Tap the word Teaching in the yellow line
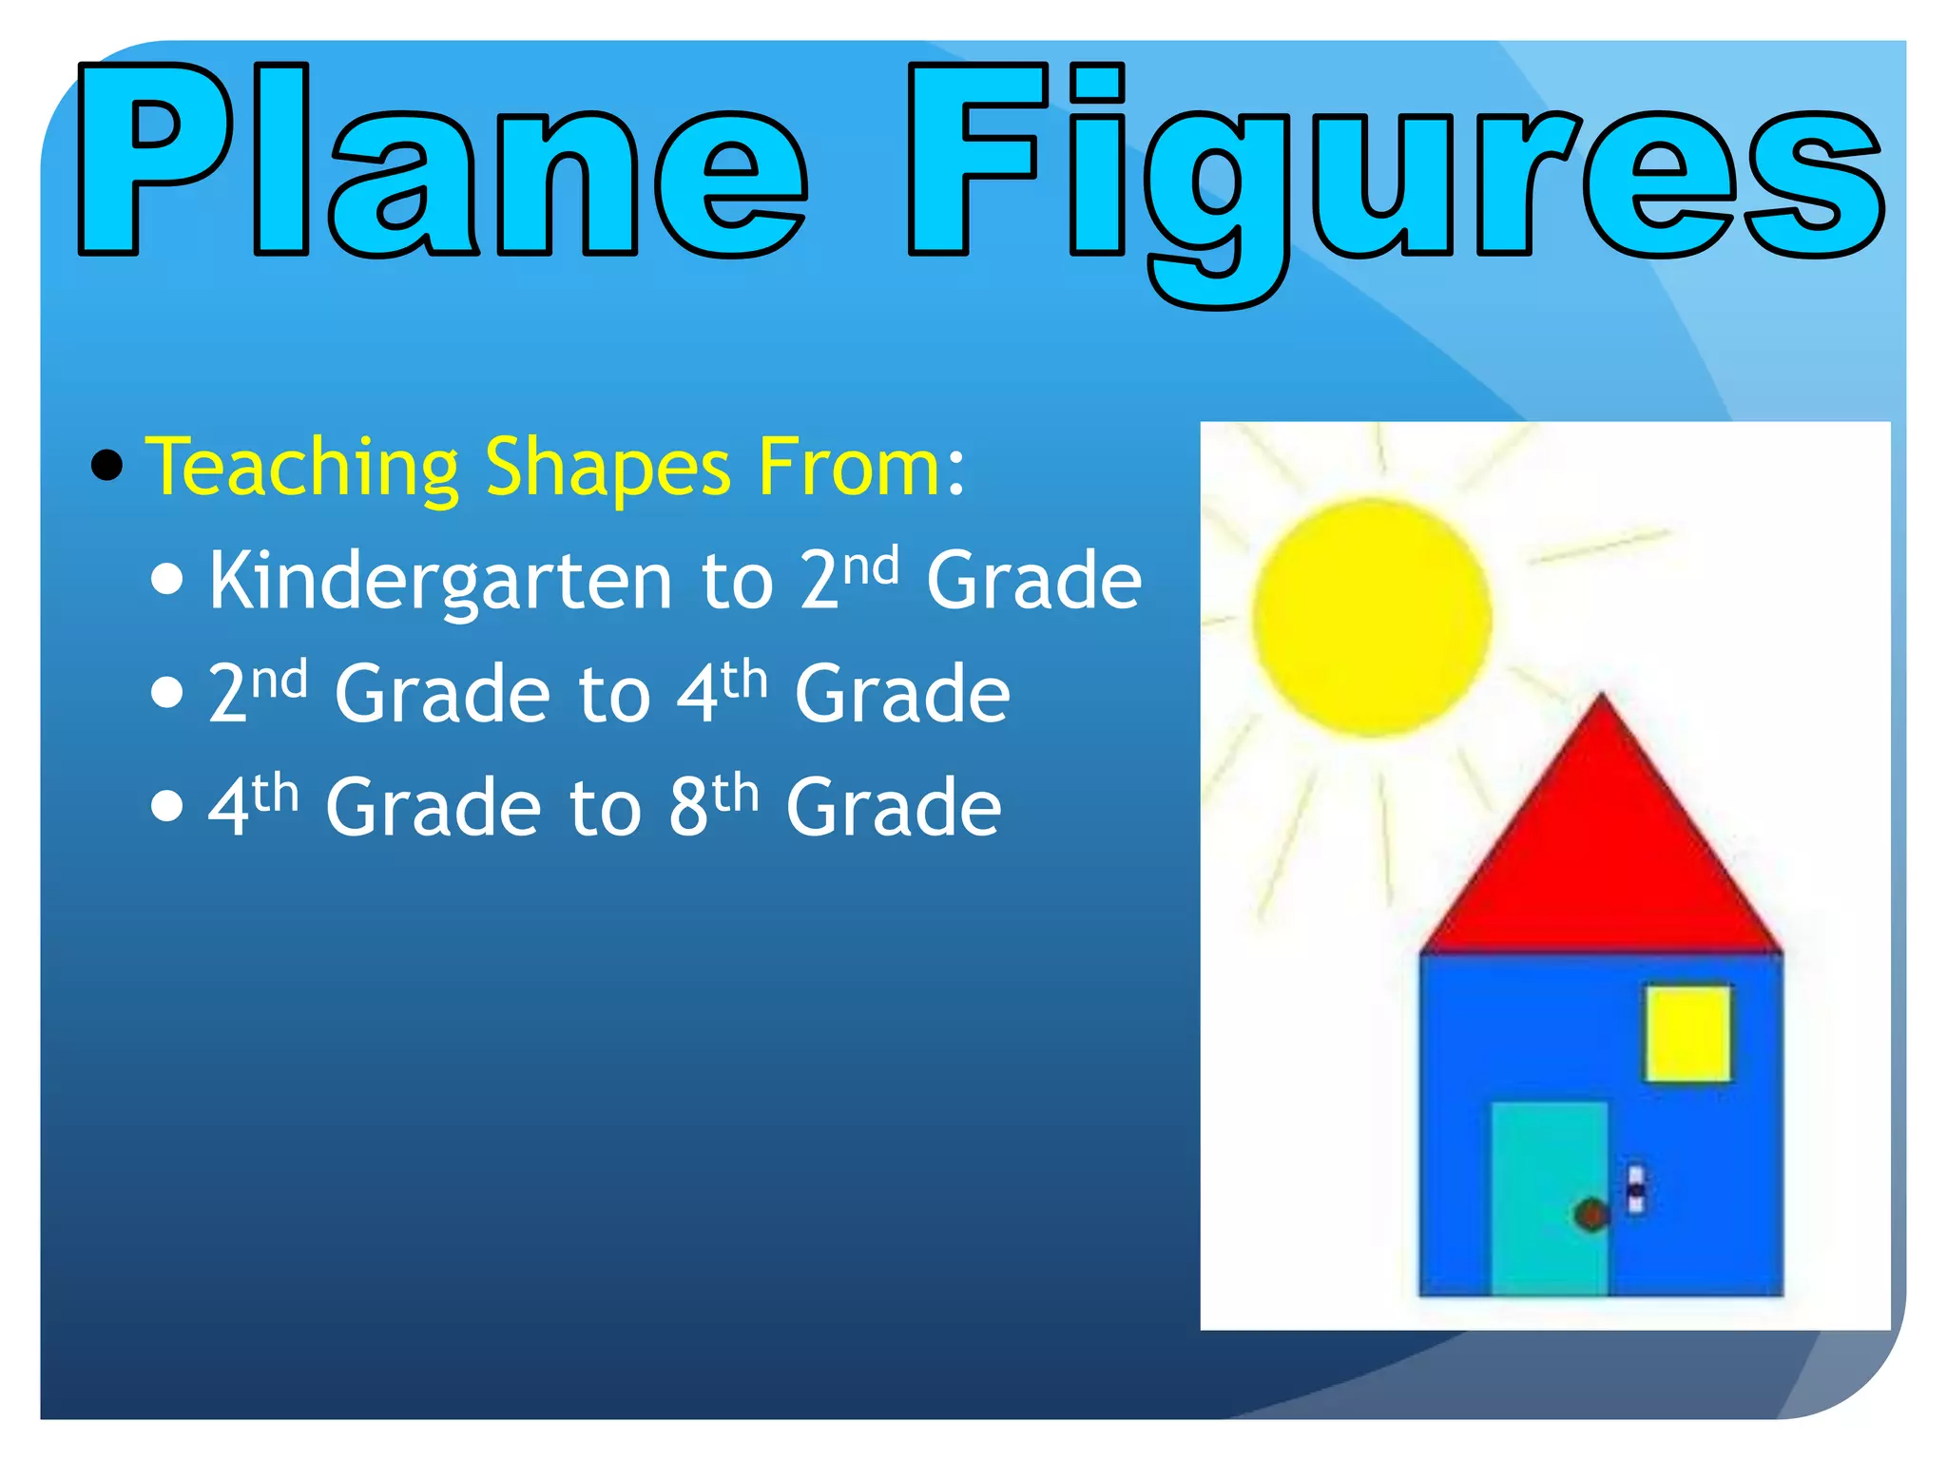point(302,468)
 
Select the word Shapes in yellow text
point(607,468)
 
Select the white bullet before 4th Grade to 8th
point(167,805)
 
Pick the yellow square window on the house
point(1688,1033)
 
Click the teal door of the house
point(1548,1169)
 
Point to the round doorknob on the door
point(1590,1214)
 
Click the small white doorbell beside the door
point(1636,1189)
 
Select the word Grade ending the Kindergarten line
point(1033,581)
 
